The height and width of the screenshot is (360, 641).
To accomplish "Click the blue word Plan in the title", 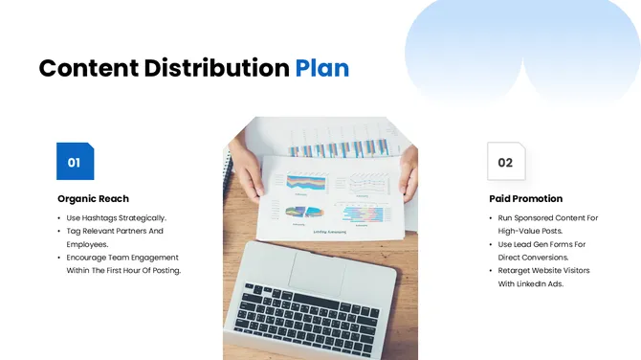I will (321, 68).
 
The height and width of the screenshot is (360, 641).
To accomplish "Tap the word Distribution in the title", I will (216, 68).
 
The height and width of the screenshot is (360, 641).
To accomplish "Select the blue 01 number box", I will (75, 162).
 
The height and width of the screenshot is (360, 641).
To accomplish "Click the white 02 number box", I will (506, 162).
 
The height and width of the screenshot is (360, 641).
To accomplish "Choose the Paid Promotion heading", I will (525, 198).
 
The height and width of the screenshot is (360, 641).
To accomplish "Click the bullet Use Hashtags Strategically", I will (116, 218).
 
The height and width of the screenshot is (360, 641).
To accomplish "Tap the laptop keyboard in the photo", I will (307, 315).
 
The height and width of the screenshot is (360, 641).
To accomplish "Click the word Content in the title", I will (88, 68).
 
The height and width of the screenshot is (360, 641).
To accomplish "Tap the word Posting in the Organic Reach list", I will (164, 270).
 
